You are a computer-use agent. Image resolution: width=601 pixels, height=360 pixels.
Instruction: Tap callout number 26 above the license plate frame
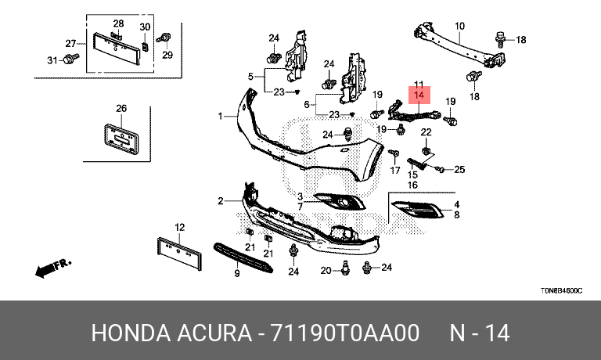121,108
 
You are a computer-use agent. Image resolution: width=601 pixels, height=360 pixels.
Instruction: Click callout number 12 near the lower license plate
179,228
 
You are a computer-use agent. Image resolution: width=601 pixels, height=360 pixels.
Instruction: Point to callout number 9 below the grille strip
236,275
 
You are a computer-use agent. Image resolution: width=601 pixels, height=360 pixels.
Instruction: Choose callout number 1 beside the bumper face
221,117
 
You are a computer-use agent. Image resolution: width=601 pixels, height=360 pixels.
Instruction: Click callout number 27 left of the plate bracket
70,43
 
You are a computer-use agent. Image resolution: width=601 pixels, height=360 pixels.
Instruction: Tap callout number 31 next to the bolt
52,60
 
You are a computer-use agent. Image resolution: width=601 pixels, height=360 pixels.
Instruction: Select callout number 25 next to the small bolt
459,169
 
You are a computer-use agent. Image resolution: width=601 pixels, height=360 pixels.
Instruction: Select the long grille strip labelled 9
245,257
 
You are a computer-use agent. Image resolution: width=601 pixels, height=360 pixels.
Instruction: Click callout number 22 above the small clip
426,131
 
